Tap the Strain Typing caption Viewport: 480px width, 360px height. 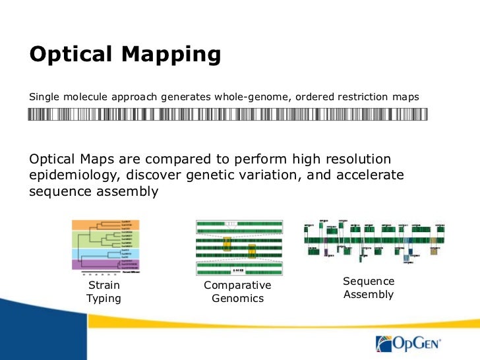(104, 292)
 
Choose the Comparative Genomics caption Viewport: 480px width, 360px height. (237, 292)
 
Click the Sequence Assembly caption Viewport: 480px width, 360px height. (369, 288)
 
